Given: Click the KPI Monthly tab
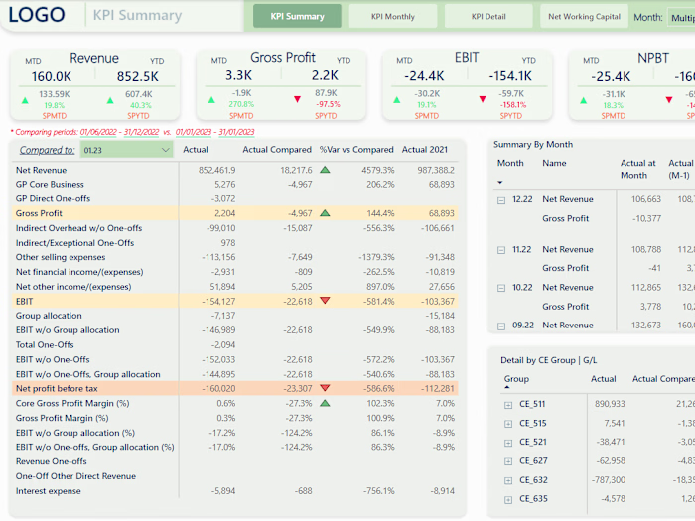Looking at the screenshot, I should (x=392, y=16).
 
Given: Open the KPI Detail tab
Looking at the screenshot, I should (x=487, y=16).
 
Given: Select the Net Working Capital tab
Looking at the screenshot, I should (x=584, y=16).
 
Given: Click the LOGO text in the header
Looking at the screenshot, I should (x=36, y=15).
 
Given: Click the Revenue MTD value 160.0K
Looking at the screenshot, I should (x=52, y=76).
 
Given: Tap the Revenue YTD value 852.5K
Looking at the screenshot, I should (x=137, y=76).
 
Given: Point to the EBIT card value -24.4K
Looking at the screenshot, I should (x=423, y=76).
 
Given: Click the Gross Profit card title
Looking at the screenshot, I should (x=283, y=58).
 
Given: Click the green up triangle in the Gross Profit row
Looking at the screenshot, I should (x=325, y=213).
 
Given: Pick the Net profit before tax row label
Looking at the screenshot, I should (x=57, y=388).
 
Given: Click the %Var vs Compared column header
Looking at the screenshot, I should (x=356, y=150).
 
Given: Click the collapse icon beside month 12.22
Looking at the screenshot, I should (x=502, y=200).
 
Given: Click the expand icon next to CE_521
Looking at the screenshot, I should (x=508, y=442).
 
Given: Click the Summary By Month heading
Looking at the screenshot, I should (x=533, y=144).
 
